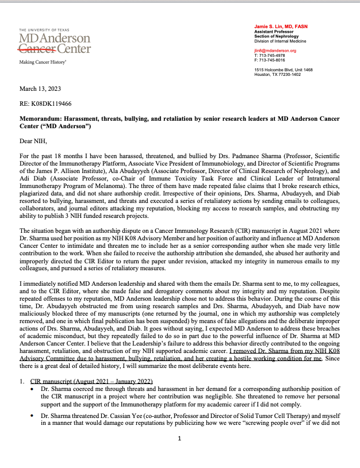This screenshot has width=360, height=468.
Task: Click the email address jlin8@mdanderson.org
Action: pyautogui.click(x=275, y=51)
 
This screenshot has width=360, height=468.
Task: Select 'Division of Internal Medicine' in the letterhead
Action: pyautogui.click(x=280, y=41)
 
